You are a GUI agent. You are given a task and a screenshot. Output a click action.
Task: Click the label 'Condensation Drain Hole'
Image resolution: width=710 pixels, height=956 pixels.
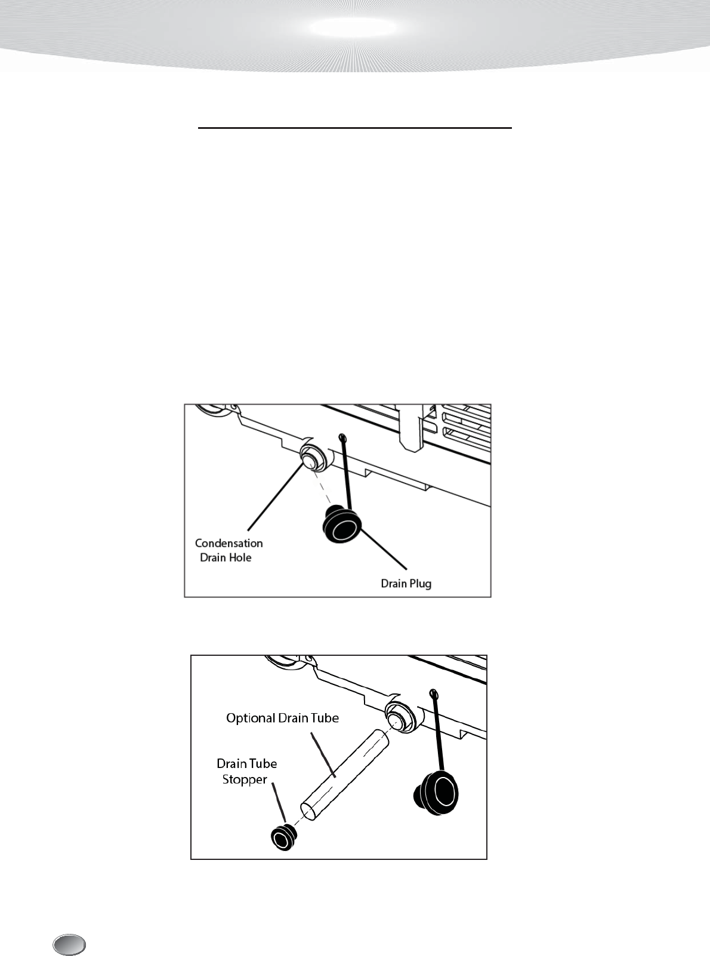coord(229,550)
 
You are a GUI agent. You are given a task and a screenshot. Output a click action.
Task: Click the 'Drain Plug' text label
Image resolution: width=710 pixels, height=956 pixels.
coord(406,583)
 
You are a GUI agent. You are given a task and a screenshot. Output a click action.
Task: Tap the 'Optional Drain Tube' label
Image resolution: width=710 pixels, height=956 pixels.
coord(282,718)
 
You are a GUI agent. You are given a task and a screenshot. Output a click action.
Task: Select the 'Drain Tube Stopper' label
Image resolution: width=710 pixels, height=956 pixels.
coord(246,771)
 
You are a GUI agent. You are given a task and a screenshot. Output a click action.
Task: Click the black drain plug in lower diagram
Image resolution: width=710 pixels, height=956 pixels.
coord(438,791)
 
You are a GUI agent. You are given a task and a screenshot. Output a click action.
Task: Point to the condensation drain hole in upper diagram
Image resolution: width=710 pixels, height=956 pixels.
coord(310,460)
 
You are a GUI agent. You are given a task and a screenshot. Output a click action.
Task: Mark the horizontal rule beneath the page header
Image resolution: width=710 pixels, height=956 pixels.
coord(355,128)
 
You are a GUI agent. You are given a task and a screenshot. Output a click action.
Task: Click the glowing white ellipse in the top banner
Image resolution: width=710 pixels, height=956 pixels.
coord(354,27)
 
